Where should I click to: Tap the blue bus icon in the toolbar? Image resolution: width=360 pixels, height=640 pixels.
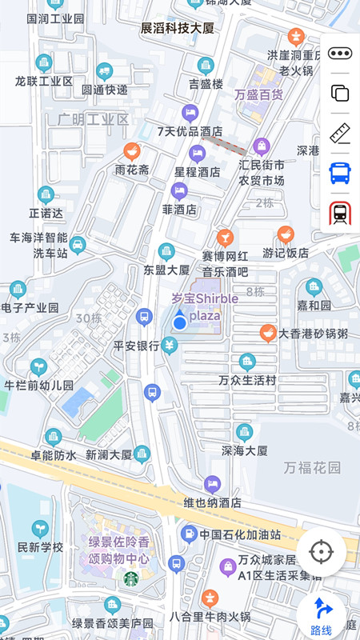point(340,173)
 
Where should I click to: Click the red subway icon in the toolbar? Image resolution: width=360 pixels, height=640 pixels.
point(340,213)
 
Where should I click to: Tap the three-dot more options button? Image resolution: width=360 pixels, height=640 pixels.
point(340,54)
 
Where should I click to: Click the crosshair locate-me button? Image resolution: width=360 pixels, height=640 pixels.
point(322,552)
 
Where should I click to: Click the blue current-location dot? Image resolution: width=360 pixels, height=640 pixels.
point(180,322)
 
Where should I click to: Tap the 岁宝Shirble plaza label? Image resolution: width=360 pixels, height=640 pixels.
point(205,306)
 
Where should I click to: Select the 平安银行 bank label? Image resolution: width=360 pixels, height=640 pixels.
point(137,346)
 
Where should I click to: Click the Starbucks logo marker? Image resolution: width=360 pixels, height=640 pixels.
point(130,578)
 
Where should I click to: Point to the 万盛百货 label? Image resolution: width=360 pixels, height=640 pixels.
point(258,94)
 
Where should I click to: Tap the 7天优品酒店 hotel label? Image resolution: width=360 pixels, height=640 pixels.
point(190,131)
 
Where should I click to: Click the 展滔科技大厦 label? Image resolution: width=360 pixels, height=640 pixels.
point(178,28)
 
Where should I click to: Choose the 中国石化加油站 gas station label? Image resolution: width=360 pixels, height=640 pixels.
point(240,534)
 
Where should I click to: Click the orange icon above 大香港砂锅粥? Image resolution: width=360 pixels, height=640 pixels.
point(269,333)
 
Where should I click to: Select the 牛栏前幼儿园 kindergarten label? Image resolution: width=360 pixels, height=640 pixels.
point(38,385)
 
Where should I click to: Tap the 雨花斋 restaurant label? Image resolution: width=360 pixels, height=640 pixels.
point(132,170)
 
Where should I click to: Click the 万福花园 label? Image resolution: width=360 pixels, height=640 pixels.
point(311,467)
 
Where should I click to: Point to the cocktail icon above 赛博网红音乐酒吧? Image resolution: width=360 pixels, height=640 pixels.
point(225,238)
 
